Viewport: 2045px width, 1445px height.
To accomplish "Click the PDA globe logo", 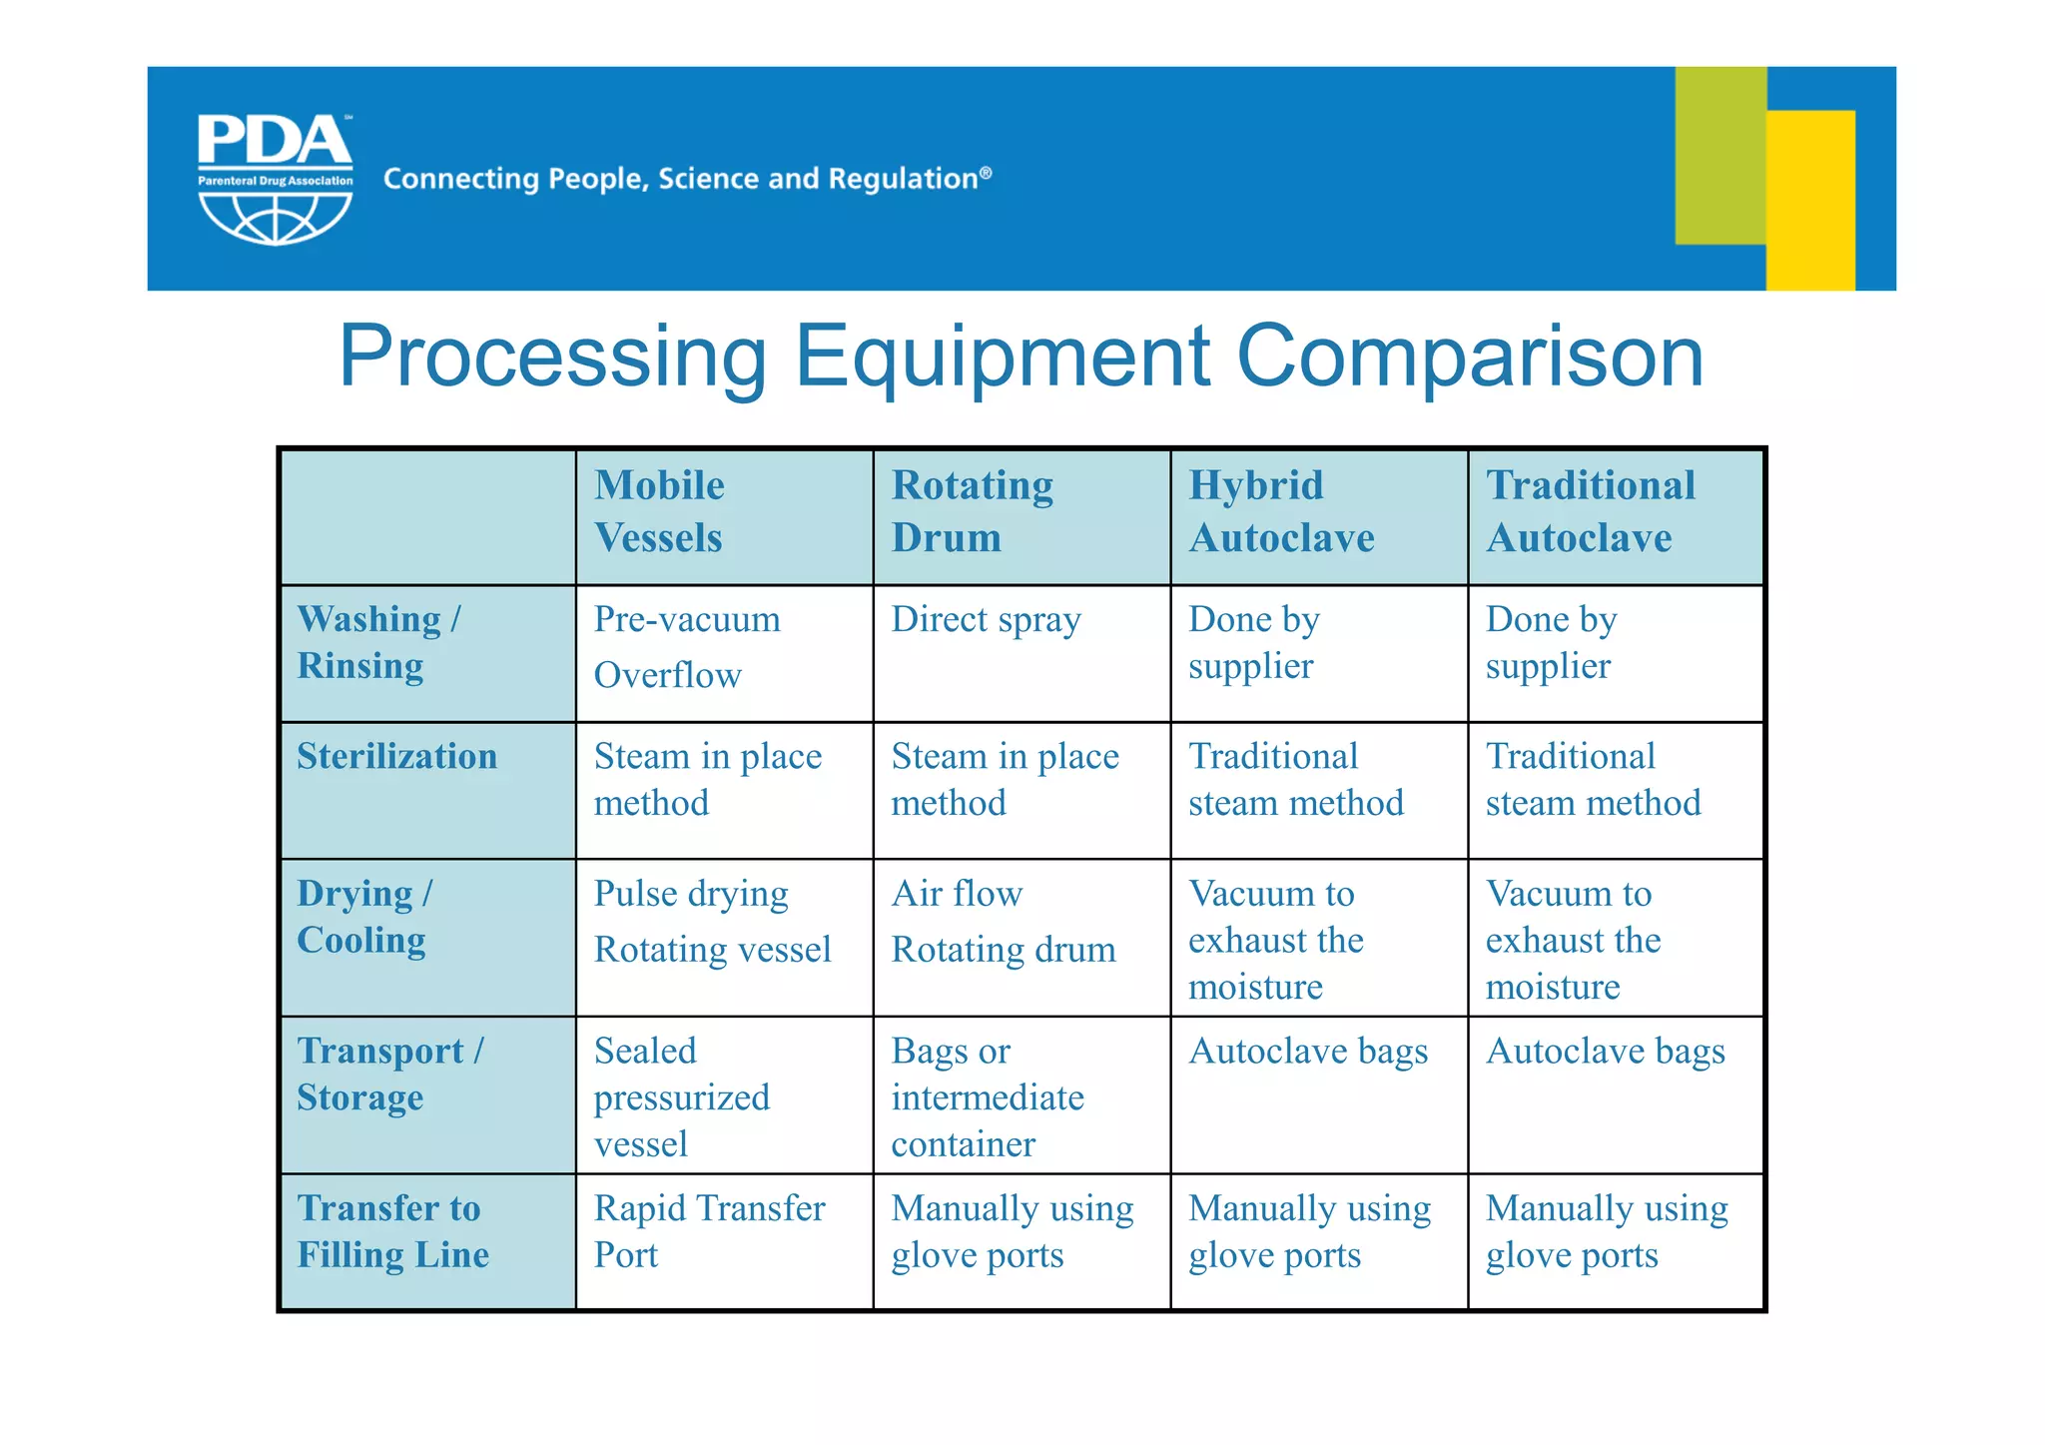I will tap(275, 180).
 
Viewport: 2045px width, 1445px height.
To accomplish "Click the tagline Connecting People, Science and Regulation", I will tap(687, 179).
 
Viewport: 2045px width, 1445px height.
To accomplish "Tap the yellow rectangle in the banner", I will tap(1810, 200).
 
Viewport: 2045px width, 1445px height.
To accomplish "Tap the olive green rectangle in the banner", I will tap(1719, 155).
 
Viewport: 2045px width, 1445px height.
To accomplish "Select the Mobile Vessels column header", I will tap(659, 511).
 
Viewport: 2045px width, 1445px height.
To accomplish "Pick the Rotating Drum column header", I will tap(972, 511).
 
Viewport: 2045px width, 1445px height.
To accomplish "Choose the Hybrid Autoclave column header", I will tap(1281, 511).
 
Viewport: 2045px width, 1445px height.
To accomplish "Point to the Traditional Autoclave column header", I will tap(1590, 511).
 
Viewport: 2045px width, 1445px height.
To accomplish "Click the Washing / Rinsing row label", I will tap(379, 642).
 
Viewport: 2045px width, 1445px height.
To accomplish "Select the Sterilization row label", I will tap(396, 756).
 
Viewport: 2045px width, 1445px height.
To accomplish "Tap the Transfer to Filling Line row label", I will tap(392, 1231).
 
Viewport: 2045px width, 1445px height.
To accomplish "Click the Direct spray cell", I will tap(986, 620).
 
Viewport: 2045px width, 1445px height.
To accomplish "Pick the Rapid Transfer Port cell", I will tap(709, 1231).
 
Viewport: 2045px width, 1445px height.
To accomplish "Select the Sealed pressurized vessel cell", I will tap(681, 1096).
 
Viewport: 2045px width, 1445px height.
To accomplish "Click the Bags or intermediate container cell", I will tap(987, 1096).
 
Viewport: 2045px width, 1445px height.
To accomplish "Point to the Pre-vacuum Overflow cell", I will tap(686, 647).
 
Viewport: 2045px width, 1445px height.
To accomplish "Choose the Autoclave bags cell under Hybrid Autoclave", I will tap(1307, 1052).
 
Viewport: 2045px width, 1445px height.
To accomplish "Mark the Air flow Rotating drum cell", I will tap(1003, 921).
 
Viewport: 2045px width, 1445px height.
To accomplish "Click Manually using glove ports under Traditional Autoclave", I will tap(1606, 1231).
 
